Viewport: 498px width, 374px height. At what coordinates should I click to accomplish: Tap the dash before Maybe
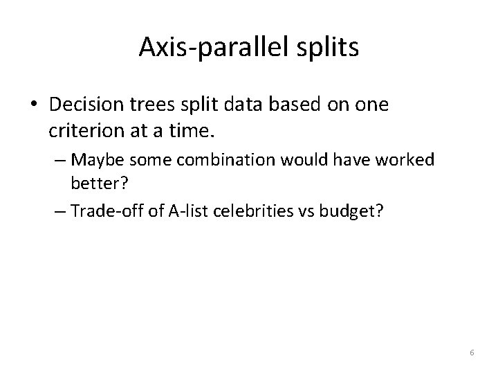[x=59, y=161]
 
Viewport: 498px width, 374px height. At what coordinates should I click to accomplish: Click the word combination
[x=211, y=161]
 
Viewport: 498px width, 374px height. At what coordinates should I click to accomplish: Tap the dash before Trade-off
[x=59, y=211]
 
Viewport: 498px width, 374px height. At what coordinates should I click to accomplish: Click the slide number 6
[x=472, y=353]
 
